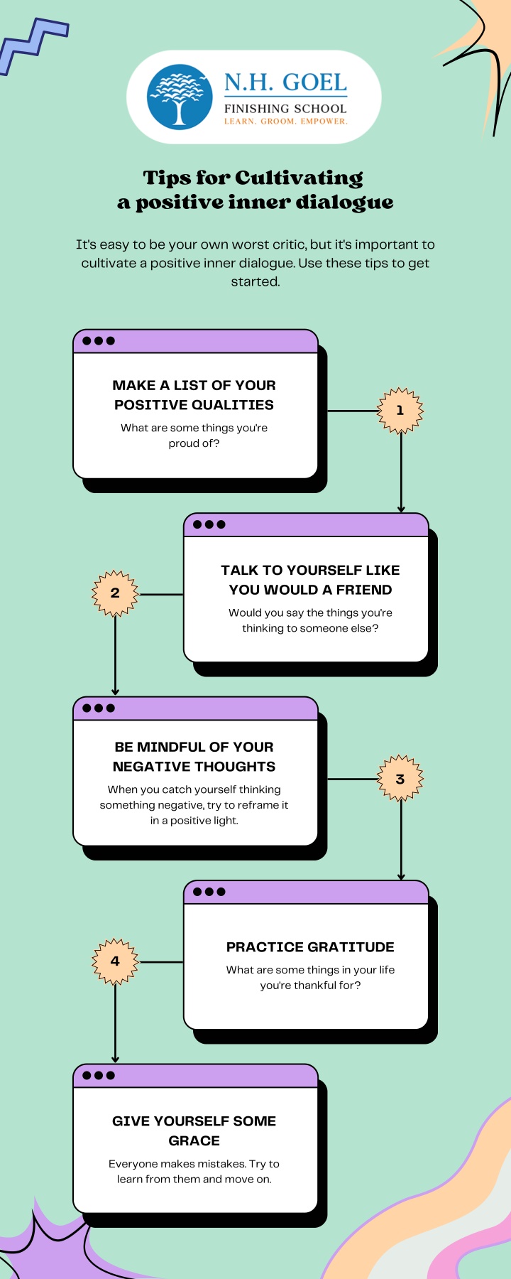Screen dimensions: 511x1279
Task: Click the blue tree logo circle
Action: pos(180,97)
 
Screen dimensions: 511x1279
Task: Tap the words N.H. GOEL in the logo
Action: pos(285,82)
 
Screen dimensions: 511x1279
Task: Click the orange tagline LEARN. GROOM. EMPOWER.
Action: pos(285,122)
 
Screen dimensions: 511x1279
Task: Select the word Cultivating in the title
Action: pos(299,178)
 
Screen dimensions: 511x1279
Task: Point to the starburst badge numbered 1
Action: pos(400,410)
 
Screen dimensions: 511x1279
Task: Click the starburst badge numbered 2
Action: pos(115,593)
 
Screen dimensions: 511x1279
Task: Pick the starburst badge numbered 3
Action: pos(400,778)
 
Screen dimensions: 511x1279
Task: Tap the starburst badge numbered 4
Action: pos(115,961)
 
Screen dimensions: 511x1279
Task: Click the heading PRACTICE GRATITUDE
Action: pos(310,947)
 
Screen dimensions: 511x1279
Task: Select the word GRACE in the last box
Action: pos(194,1140)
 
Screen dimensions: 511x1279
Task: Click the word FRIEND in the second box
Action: pos(364,590)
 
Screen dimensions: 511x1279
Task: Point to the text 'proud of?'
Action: pos(194,443)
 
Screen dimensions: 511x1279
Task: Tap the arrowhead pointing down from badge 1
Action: pos(401,509)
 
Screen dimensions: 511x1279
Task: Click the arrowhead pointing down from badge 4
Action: pos(115,1059)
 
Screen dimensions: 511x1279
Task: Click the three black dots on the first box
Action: pos(99,340)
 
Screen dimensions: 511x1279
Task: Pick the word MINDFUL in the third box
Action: pos(170,747)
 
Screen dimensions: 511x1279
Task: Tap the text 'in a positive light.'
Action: pos(194,821)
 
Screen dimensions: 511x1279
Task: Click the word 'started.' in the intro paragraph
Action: pos(255,281)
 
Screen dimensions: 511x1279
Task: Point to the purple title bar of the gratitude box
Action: pos(306,892)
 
